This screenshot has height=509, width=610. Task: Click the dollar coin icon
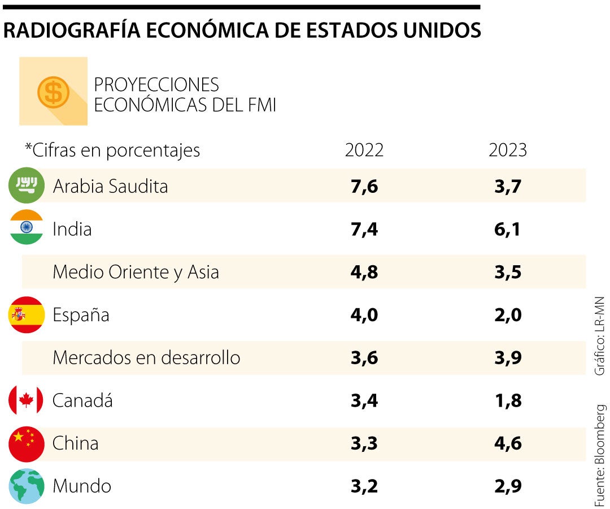tap(53, 92)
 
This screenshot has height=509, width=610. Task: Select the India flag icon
tap(27, 227)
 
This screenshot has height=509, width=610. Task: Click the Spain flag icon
tap(27, 314)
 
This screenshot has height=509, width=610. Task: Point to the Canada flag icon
tap(26, 400)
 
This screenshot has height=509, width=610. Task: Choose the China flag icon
tap(27, 443)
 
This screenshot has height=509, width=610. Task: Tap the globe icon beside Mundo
tap(27, 486)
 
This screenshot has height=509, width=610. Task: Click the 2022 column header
tap(364, 150)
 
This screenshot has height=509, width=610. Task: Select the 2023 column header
tap(507, 150)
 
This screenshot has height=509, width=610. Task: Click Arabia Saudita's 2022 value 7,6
tap(364, 186)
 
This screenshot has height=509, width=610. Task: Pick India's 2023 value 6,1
tap(507, 229)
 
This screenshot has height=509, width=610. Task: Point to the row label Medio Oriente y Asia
tap(136, 272)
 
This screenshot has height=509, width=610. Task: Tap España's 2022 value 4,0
tap(364, 315)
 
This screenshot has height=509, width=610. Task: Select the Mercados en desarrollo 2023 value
tap(507, 358)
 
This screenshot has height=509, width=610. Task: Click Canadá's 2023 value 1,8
tap(507, 401)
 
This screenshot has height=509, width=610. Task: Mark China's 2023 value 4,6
tap(507, 443)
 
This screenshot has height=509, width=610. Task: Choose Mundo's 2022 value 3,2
tap(364, 486)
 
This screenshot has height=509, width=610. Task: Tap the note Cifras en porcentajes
tap(112, 150)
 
